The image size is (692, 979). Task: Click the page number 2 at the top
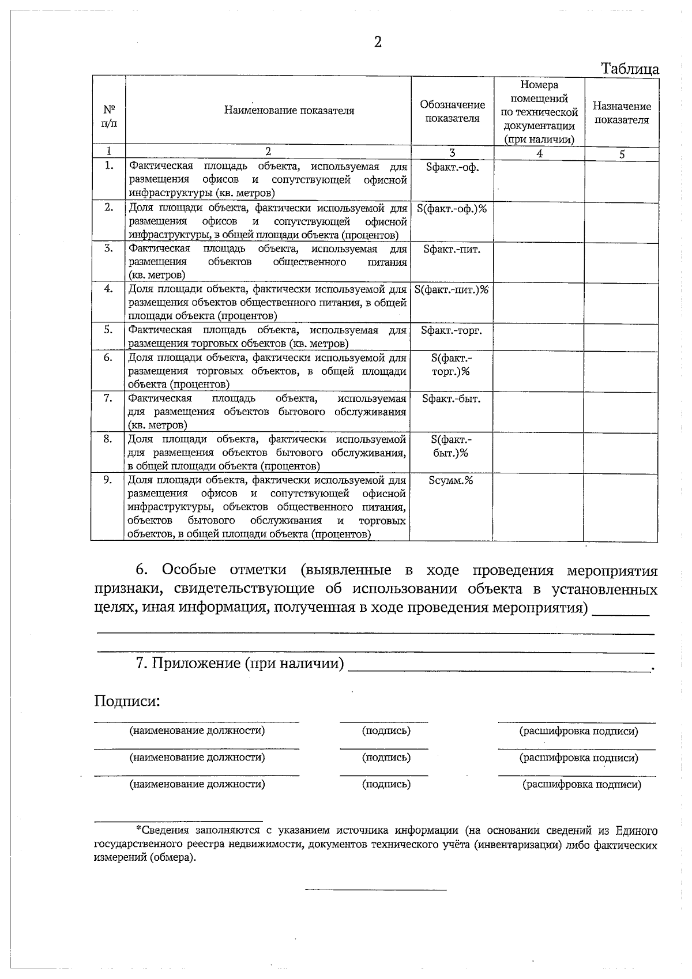click(x=378, y=42)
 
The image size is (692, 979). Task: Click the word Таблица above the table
click(x=630, y=69)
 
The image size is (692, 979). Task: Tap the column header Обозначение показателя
click(x=452, y=111)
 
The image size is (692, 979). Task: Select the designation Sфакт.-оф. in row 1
click(x=452, y=167)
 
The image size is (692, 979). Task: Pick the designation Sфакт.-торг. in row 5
click(x=452, y=330)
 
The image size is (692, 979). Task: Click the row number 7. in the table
click(x=108, y=398)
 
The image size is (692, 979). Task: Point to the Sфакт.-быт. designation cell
click(x=452, y=399)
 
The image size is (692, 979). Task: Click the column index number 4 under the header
click(x=539, y=153)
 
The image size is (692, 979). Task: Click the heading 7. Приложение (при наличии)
click(x=240, y=663)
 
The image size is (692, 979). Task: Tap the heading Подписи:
click(x=127, y=702)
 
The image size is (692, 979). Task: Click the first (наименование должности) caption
click(x=197, y=731)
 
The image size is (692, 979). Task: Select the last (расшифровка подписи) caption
click(x=581, y=784)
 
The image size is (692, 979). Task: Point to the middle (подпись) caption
click(x=386, y=758)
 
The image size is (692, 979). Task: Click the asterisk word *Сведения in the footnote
click(x=162, y=831)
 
